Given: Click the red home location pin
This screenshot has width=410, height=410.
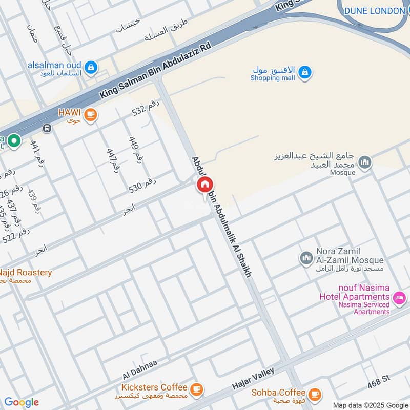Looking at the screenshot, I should pos(204,184).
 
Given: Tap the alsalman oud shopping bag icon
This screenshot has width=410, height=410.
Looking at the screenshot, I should pos(91,67).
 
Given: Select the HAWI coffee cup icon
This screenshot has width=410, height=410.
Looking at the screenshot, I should pos(91,114).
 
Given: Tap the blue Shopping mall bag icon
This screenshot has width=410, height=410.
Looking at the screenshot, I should pos(305,72).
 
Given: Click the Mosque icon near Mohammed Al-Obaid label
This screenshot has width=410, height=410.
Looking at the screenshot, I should pos(364,163).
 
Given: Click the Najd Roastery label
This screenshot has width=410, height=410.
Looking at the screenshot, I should pos(25,273).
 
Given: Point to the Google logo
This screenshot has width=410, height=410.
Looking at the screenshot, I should pos(22,402).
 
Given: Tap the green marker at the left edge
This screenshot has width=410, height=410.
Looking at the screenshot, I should pos(14,140).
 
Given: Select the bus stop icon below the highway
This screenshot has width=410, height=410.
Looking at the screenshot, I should pos(47,128).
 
